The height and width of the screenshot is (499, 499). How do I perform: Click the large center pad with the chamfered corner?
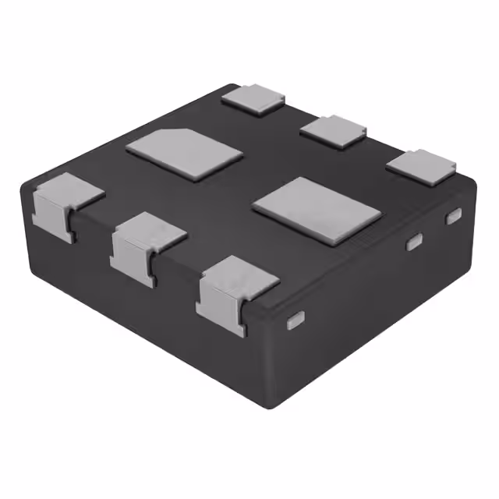tap(184, 154)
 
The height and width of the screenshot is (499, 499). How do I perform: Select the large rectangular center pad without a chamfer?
tap(317, 210)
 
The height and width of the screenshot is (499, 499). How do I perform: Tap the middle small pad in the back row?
tap(333, 129)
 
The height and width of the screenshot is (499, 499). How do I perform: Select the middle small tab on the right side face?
tap(414, 242)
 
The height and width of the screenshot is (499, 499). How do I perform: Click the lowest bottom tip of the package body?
tap(275, 407)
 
